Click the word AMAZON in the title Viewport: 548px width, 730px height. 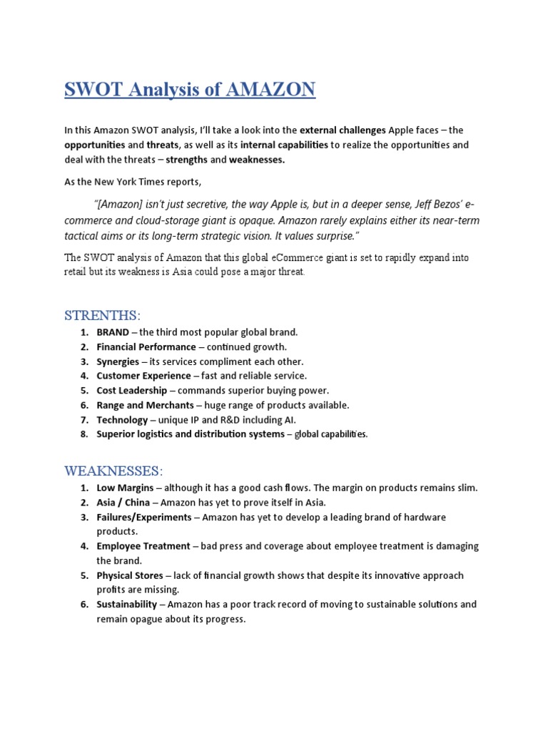(270, 91)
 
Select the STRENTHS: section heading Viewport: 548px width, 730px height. (103, 315)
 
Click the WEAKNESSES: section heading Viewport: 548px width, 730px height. (113, 471)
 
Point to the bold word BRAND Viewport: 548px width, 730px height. (113, 332)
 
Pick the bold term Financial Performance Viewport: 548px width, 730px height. (146, 347)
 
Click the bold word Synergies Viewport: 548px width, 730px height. (118, 361)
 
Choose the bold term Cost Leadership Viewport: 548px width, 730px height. (132, 391)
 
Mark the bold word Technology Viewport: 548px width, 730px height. (122, 420)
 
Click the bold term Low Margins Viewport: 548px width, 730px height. (124, 488)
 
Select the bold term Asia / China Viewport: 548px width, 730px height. (123, 503)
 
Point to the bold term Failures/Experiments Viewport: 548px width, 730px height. (144, 517)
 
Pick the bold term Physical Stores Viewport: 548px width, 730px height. (130, 575)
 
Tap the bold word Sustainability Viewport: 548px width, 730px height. (126, 605)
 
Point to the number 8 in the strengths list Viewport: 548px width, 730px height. (83, 434)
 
